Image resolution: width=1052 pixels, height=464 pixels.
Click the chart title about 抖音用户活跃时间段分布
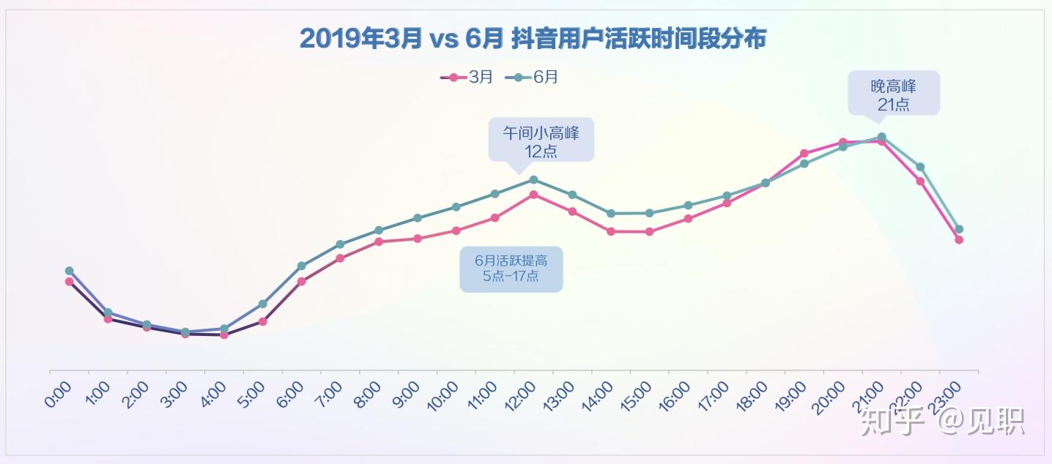(533, 39)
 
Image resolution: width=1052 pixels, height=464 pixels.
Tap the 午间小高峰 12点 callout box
(541, 140)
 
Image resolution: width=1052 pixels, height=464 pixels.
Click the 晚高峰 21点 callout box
(893, 93)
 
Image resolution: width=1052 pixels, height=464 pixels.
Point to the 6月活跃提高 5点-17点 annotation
(511, 269)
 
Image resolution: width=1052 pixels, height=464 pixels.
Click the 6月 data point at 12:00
(533, 179)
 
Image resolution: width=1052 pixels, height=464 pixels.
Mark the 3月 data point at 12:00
(533, 195)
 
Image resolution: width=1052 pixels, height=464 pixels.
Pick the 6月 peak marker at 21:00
(881, 137)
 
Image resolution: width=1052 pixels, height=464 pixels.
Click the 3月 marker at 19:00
(804, 154)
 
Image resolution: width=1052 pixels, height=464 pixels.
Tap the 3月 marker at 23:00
(959, 239)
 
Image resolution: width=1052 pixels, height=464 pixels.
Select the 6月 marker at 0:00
(69, 271)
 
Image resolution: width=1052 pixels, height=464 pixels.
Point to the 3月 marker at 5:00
(262, 321)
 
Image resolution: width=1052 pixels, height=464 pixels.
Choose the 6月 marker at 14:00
(610, 214)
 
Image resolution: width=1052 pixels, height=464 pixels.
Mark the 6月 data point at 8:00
(379, 230)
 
